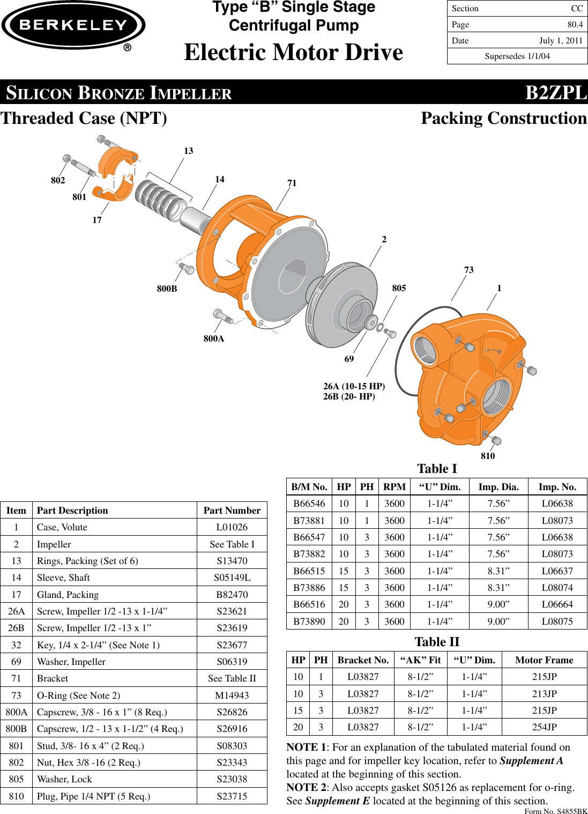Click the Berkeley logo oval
pyautogui.click(x=73, y=25)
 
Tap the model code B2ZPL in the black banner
pyautogui.click(x=556, y=93)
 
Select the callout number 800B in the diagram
pyautogui.click(x=167, y=289)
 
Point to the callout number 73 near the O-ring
pyautogui.click(x=468, y=270)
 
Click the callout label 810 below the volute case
pyautogui.click(x=488, y=456)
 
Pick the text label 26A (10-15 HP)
pyautogui.click(x=354, y=386)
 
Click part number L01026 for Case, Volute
pyautogui.click(x=232, y=527)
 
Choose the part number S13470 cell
pyautogui.click(x=232, y=561)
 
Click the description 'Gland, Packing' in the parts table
pyautogui.click(x=68, y=595)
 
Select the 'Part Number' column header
pyautogui.click(x=232, y=510)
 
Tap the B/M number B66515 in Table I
pyautogui.click(x=309, y=571)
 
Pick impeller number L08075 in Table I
pyautogui.click(x=557, y=621)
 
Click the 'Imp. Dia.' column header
pyautogui.click(x=498, y=487)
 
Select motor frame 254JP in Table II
pyautogui.click(x=544, y=727)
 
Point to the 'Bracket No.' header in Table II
pyautogui.click(x=363, y=660)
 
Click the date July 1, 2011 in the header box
pyautogui.click(x=561, y=41)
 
